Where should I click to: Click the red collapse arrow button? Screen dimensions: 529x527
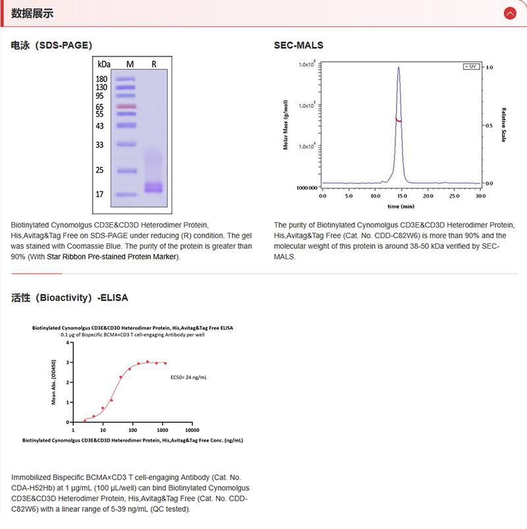(509, 13)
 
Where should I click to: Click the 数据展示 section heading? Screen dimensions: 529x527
(32, 13)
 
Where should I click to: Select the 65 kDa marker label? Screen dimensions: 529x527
(101, 106)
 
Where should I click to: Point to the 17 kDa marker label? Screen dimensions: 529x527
(101, 195)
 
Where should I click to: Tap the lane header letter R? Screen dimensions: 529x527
(153, 64)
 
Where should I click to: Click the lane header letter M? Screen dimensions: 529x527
(130, 64)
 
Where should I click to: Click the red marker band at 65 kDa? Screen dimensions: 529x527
(126, 106)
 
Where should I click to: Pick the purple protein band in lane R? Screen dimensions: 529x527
(153, 188)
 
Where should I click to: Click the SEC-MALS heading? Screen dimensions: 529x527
(298, 46)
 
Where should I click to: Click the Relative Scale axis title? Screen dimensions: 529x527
(503, 125)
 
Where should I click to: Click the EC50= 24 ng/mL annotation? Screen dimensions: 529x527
(189, 377)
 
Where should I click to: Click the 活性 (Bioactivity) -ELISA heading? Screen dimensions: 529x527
(70, 297)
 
